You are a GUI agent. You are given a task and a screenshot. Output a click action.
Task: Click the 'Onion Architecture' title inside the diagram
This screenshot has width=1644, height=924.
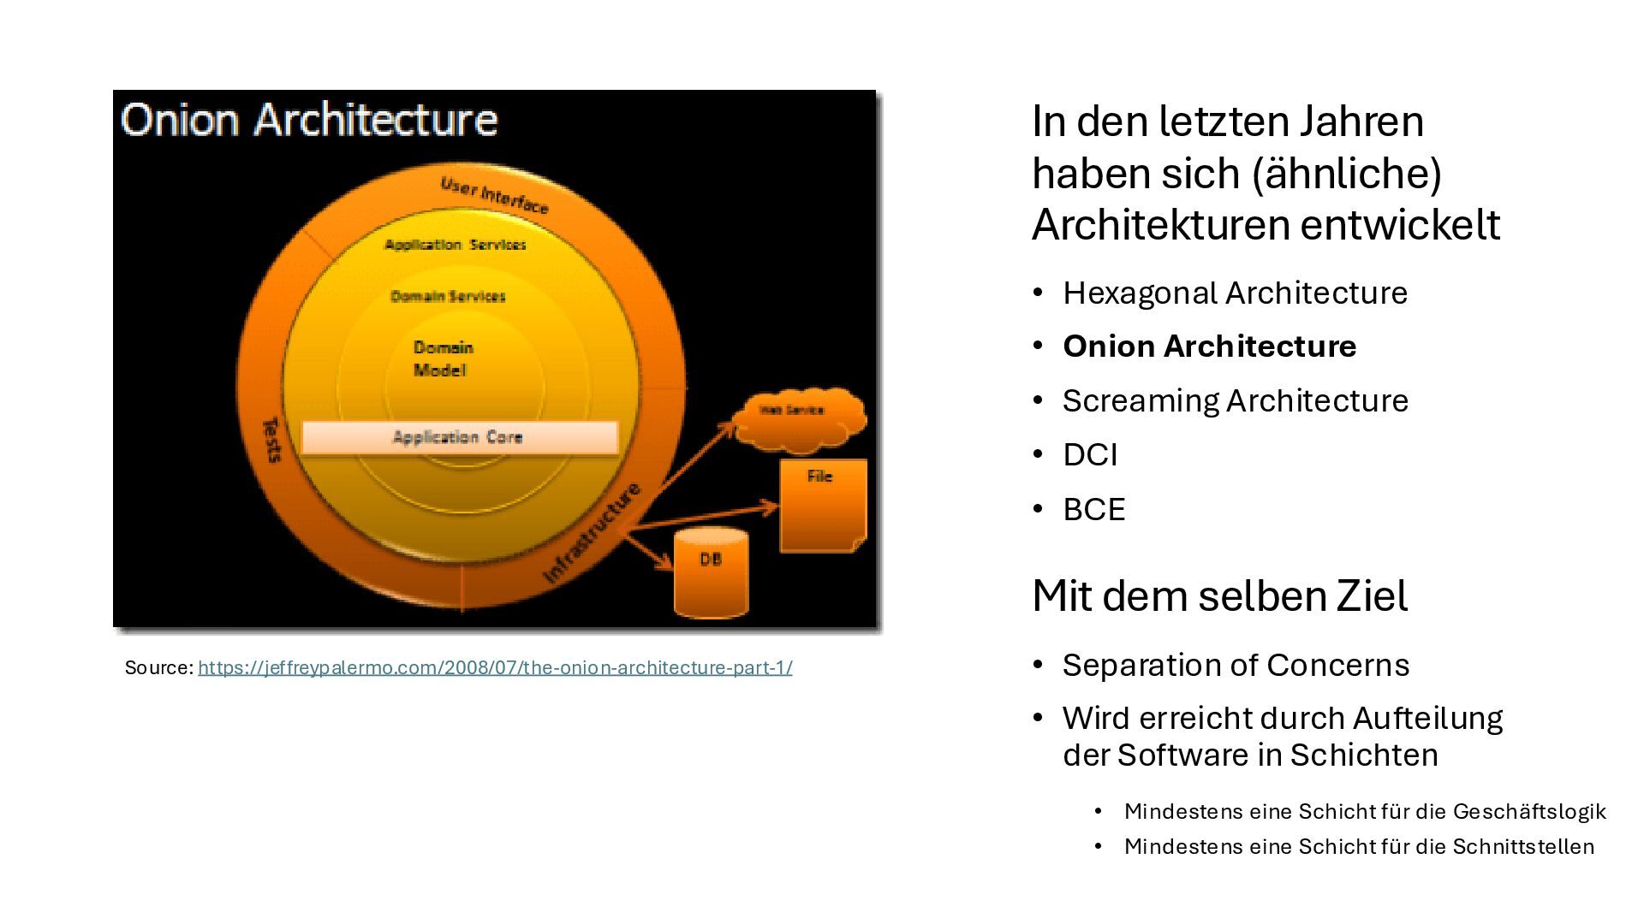click(x=309, y=120)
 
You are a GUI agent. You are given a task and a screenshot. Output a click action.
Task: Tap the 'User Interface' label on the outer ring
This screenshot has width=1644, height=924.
click(x=494, y=195)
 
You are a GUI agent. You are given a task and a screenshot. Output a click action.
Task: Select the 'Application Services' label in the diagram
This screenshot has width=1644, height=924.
click(x=455, y=245)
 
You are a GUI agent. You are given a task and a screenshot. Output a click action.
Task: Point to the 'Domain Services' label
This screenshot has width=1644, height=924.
click(x=448, y=296)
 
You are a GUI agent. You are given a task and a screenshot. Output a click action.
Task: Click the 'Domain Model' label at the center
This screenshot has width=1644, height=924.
click(x=443, y=358)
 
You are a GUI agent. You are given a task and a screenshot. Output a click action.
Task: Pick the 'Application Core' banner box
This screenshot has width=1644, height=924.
click(x=460, y=437)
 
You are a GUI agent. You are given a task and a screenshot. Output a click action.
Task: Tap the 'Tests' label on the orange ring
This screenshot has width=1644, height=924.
click(x=271, y=440)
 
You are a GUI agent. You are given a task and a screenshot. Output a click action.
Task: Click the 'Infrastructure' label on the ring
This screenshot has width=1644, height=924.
click(x=592, y=533)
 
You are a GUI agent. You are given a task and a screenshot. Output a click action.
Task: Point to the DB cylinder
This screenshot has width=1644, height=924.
click(x=711, y=573)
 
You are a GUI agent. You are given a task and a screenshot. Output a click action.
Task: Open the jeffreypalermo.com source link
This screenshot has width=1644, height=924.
click(x=495, y=667)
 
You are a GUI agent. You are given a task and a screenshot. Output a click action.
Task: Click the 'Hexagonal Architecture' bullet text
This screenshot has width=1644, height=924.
click(x=1235, y=293)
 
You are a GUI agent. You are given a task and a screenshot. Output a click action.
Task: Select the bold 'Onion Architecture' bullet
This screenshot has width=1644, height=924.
click(x=1209, y=346)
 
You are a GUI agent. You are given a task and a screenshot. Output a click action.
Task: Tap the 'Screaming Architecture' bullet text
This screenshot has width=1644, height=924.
click(x=1235, y=400)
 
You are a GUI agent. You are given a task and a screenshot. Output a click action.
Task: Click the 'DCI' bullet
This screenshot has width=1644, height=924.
click(x=1090, y=454)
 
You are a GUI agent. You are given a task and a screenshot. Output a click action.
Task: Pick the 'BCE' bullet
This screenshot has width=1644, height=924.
click(x=1093, y=509)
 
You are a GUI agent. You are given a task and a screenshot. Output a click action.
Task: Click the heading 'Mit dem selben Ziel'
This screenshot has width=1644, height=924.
click(x=1219, y=595)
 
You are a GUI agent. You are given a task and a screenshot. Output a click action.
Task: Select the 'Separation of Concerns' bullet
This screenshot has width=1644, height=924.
click(x=1236, y=665)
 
